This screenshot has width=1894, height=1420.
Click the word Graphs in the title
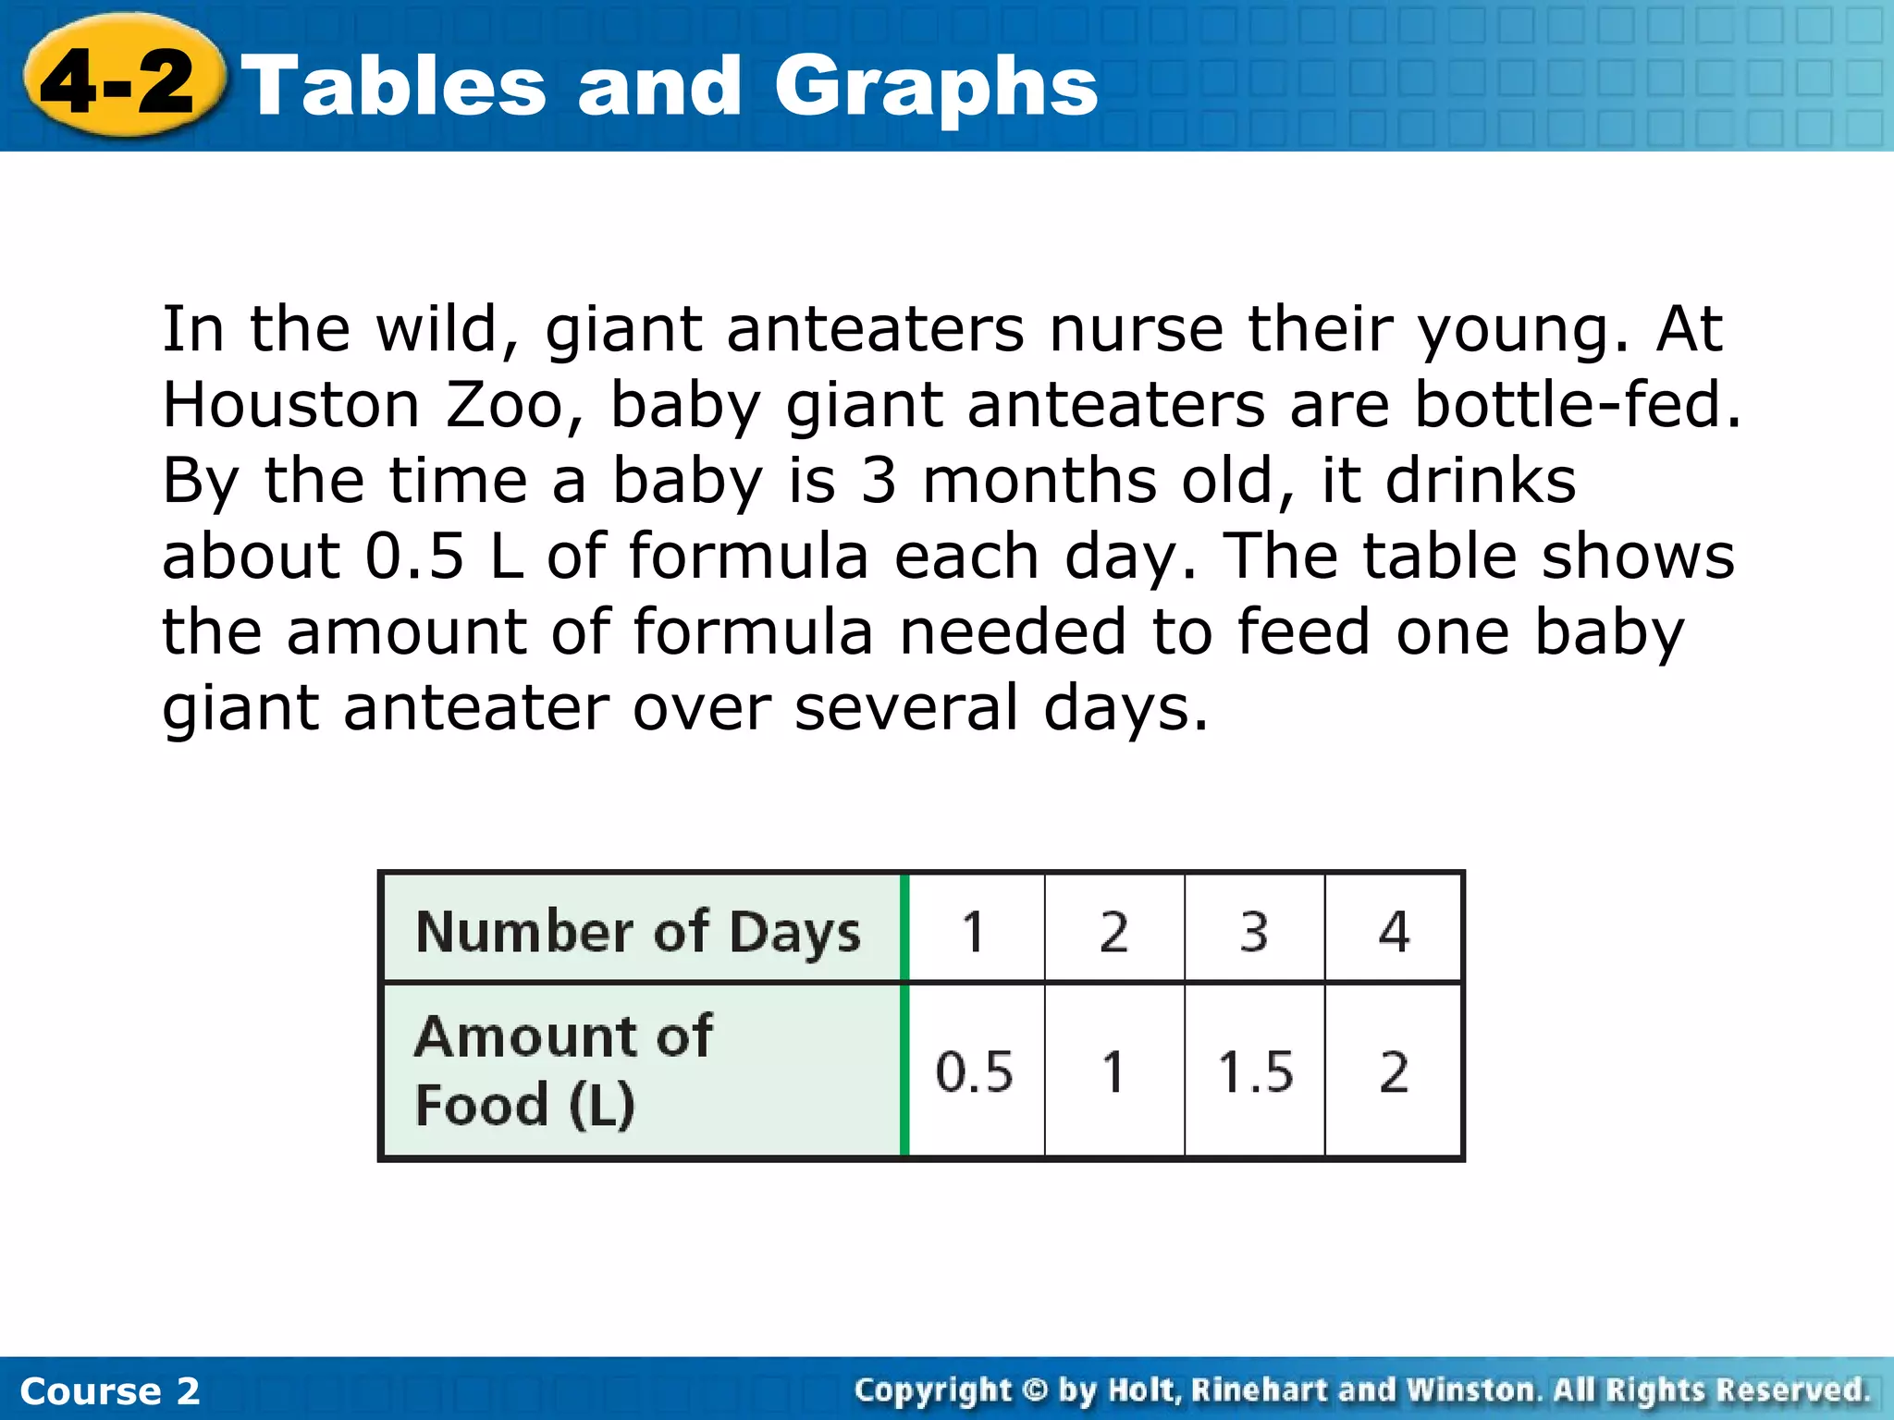[x=935, y=89]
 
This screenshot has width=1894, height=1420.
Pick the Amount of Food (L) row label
[x=564, y=1070]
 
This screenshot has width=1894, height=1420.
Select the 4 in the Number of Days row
[x=1394, y=931]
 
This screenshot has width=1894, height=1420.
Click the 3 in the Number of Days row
[x=1254, y=931]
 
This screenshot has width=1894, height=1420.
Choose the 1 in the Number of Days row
[x=973, y=931]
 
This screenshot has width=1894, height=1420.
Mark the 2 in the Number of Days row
[x=1113, y=931]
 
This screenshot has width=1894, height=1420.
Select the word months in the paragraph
[x=1039, y=481]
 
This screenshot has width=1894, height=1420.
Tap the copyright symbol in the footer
[x=1036, y=1390]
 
